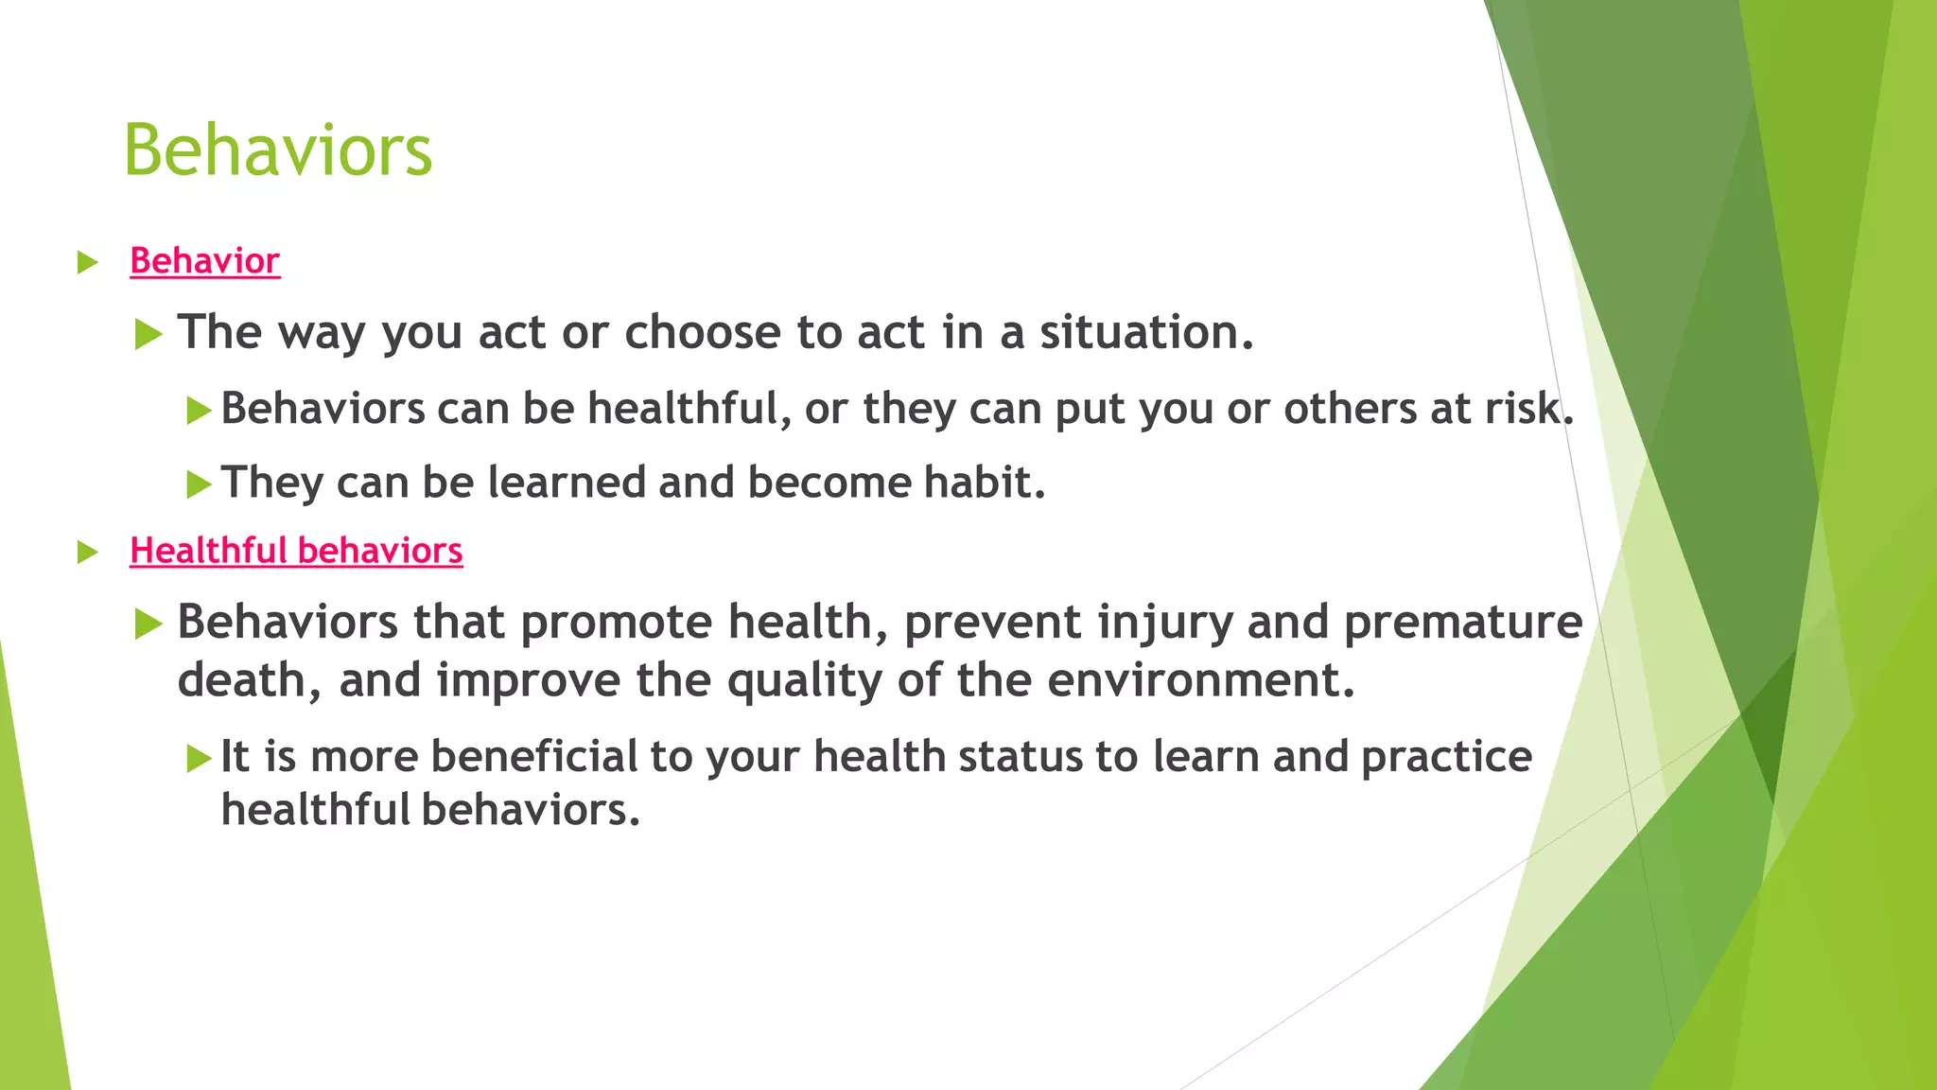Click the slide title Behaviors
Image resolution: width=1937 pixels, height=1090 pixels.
(277, 150)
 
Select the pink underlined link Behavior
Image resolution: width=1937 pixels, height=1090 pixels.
(204, 261)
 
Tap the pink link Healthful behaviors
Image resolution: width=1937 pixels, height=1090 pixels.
(296, 551)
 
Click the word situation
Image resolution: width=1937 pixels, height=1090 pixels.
(1145, 332)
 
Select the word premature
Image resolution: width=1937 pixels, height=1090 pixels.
(1462, 623)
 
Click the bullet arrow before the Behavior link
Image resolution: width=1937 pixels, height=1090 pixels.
(87, 262)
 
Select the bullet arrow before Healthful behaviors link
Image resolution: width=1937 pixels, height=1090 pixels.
(87, 552)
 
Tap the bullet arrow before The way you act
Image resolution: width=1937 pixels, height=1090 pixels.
(148, 334)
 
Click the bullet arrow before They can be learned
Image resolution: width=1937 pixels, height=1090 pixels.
(198, 485)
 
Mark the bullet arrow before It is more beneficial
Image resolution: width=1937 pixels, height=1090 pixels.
(198, 758)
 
